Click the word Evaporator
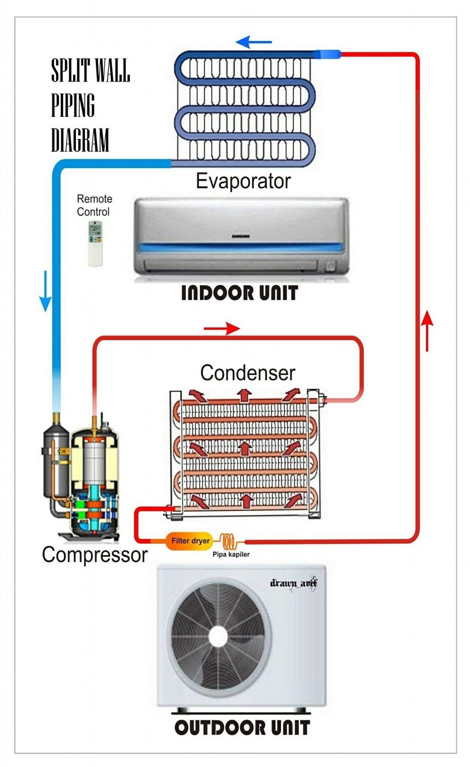(x=243, y=181)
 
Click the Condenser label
(x=247, y=373)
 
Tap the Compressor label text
(x=94, y=555)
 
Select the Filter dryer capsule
(x=189, y=541)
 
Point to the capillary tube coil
(x=228, y=541)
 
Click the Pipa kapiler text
(x=231, y=554)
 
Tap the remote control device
(x=95, y=243)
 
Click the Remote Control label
(x=94, y=205)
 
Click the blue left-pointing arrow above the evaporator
(x=254, y=42)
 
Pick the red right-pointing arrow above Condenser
(x=222, y=328)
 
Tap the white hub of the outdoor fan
(x=218, y=636)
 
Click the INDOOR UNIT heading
(x=239, y=293)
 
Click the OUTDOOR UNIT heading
(x=242, y=728)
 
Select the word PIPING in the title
(x=73, y=105)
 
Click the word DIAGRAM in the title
(x=80, y=140)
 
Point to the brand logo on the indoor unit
(x=241, y=236)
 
